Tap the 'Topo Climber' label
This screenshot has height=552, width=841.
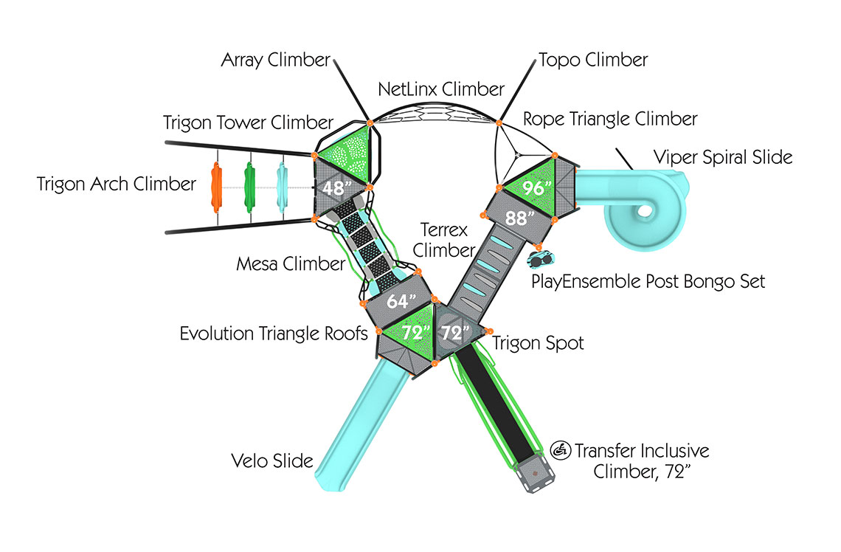593,60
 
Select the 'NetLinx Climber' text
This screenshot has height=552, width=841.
441,90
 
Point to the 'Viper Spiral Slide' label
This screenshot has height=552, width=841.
723,157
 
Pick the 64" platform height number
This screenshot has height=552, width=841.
400,302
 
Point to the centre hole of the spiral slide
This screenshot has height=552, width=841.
645,211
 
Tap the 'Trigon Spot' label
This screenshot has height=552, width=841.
538,343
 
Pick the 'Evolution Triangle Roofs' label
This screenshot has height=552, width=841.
274,334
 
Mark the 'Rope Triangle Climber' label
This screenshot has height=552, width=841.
610,119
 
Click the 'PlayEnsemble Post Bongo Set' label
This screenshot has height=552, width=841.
649,281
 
